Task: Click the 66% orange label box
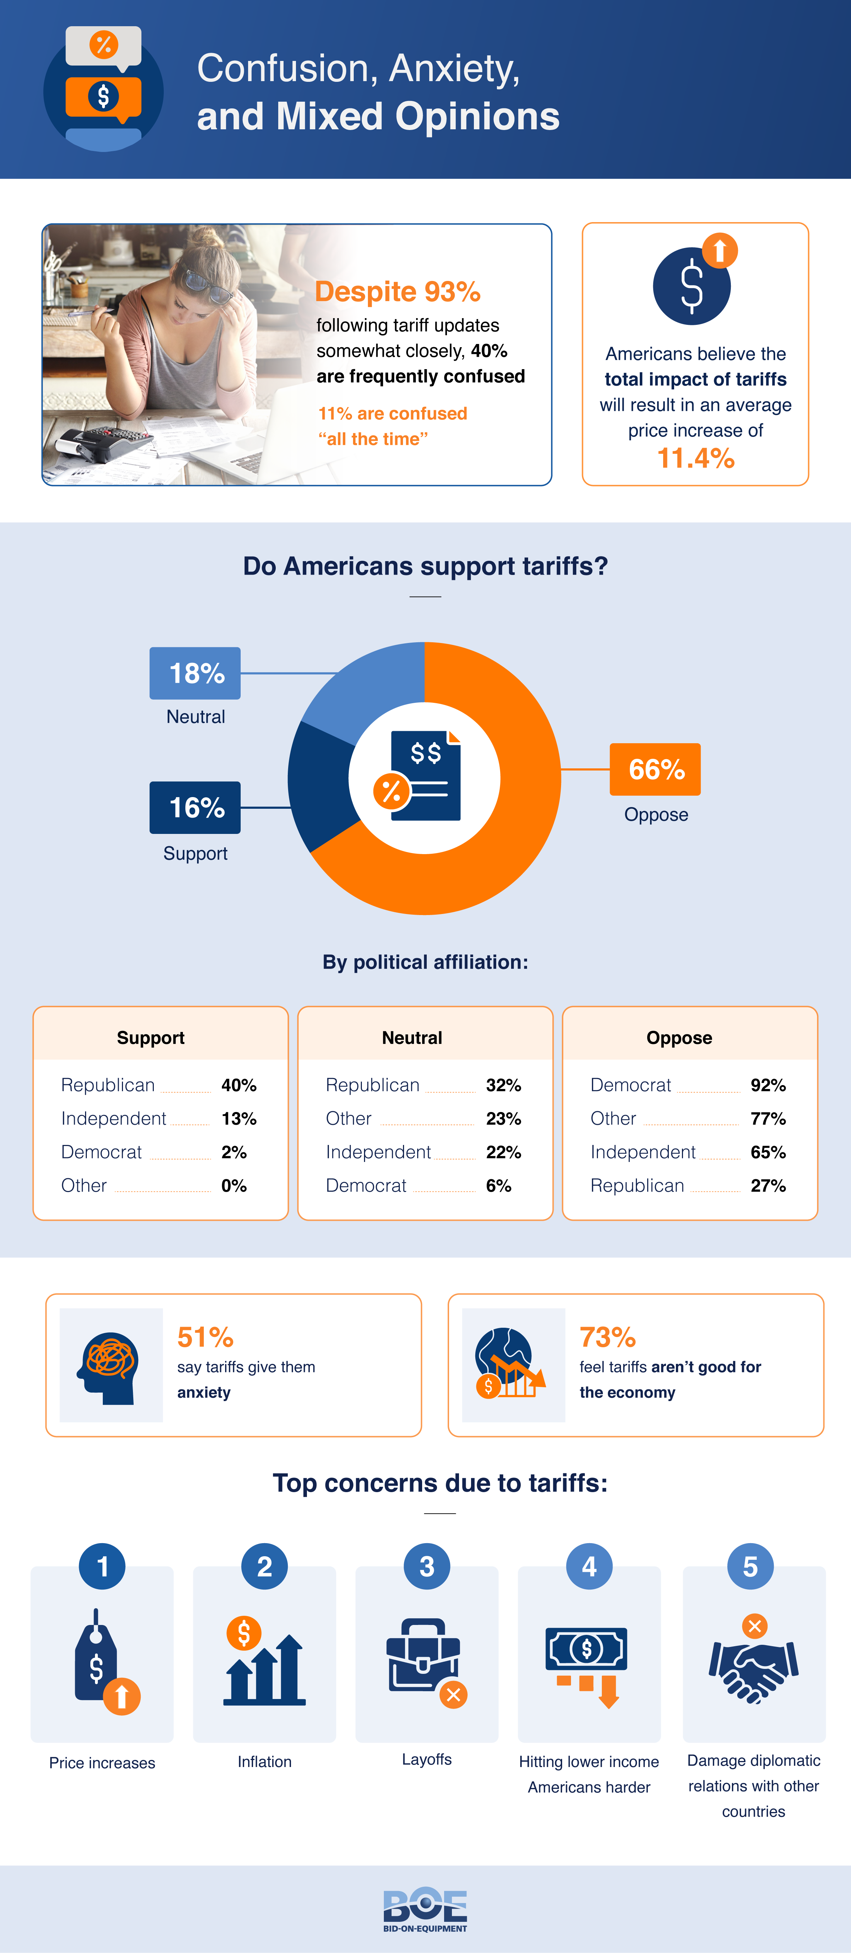[655, 769]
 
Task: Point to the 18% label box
[195, 673]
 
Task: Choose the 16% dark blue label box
[195, 807]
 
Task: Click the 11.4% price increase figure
[695, 459]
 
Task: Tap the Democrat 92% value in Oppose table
[768, 1086]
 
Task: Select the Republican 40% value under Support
[238, 1086]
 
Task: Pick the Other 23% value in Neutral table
[503, 1119]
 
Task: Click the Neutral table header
[412, 1038]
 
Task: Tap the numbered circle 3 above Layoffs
[427, 1567]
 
